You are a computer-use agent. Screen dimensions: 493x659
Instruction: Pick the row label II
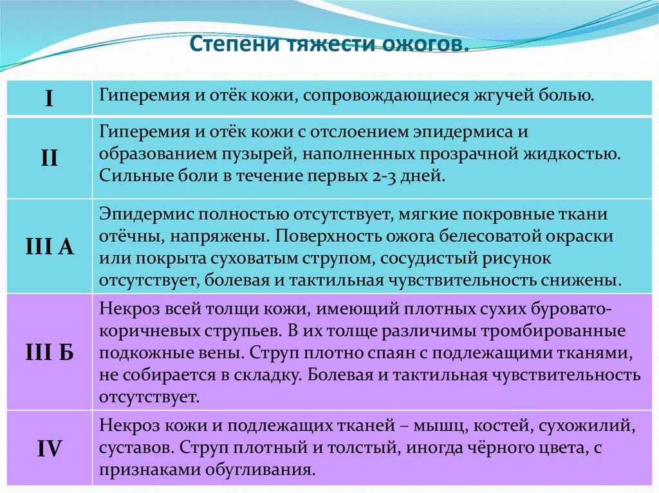click(x=49, y=158)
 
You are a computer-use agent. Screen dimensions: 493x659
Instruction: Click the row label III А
click(x=49, y=246)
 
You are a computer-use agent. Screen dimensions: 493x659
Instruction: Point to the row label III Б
click(x=49, y=352)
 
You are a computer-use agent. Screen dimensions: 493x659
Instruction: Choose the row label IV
click(x=49, y=447)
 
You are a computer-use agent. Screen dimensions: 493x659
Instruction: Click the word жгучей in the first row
click(x=501, y=97)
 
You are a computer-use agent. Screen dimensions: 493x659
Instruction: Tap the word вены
click(x=219, y=352)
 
